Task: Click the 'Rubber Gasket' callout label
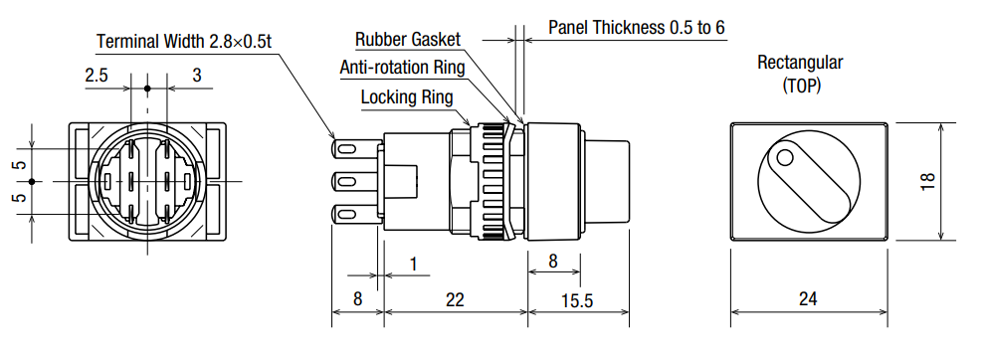tap(408, 39)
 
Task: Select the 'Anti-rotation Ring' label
tap(402, 68)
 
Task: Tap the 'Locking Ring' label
tap(407, 97)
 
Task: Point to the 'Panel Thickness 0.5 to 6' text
tap(637, 28)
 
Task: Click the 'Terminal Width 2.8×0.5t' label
tap(183, 42)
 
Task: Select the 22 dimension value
tap(454, 299)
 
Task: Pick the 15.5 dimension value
tap(578, 301)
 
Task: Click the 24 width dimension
tap(808, 299)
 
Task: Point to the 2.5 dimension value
tap(97, 76)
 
